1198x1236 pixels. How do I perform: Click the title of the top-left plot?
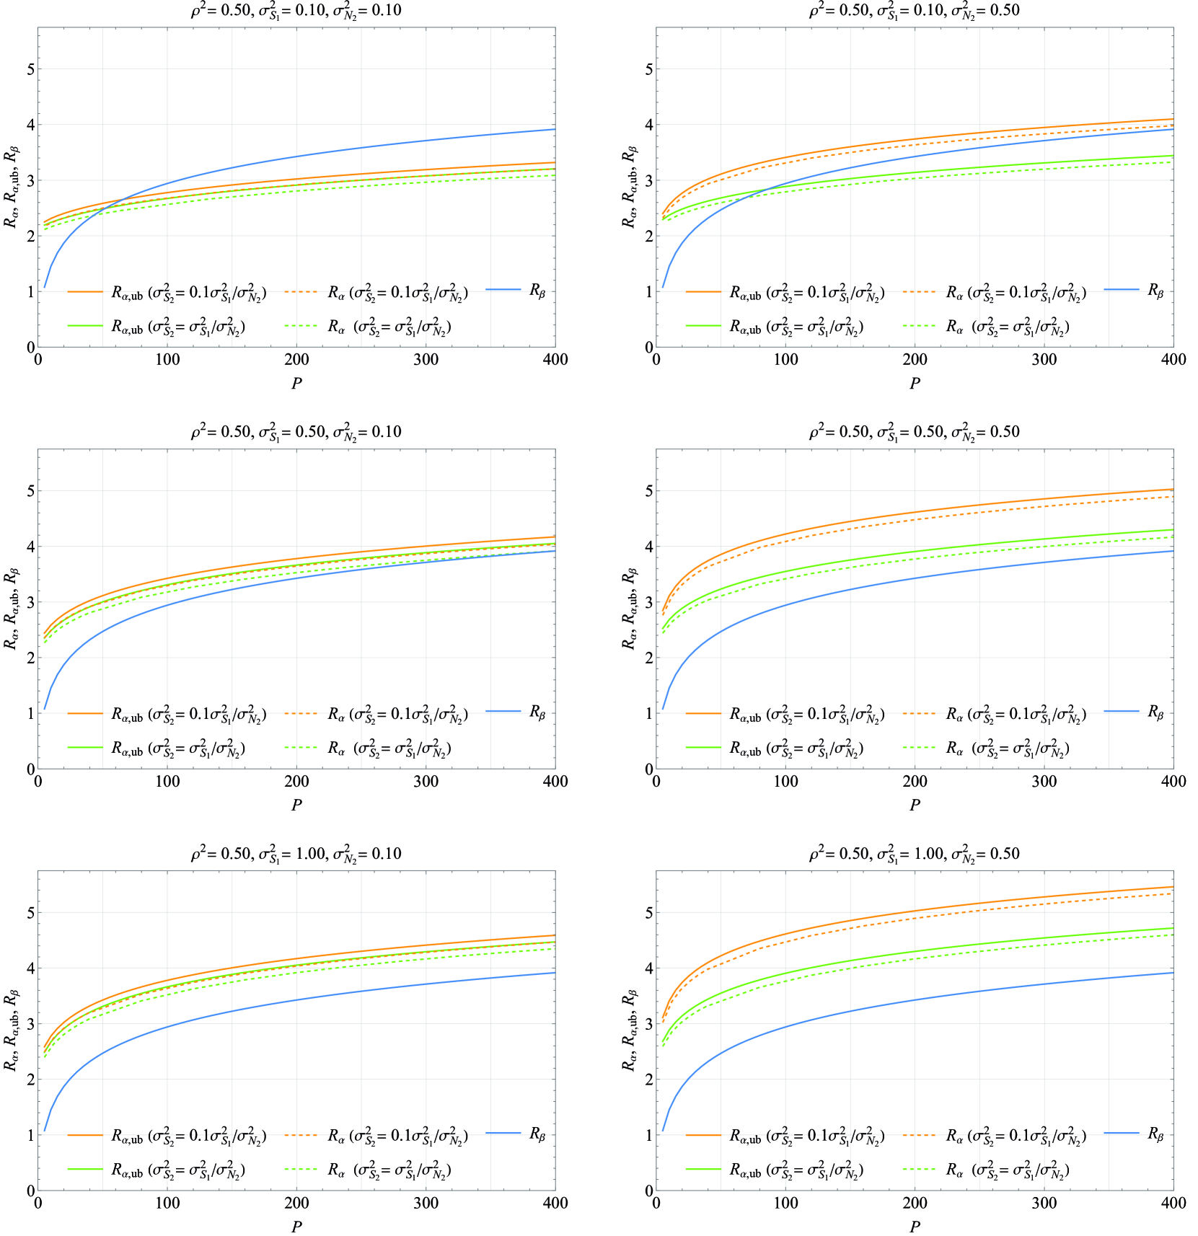(296, 10)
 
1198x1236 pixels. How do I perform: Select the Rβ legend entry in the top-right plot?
(1155, 291)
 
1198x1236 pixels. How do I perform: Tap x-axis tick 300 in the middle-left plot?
(426, 781)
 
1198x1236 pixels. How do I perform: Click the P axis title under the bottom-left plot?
(296, 1226)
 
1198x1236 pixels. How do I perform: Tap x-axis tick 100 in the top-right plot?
(785, 359)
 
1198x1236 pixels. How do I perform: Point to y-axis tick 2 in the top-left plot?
(30, 236)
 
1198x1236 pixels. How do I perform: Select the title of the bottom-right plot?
(914, 854)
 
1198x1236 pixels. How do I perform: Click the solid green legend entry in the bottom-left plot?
(178, 1170)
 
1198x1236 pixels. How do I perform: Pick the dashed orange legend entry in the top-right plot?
(1016, 292)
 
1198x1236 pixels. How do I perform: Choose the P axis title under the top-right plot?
(915, 383)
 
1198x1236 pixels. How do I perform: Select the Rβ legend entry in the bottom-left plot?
(537, 1134)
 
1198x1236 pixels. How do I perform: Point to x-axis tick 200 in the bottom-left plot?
(296, 1203)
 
